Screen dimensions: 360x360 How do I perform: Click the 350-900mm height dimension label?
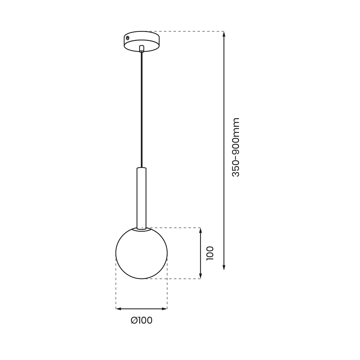[x=236, y=147]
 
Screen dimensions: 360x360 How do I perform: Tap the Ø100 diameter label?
[x=142, y=320]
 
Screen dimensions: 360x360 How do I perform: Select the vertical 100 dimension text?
[x=209, y=253]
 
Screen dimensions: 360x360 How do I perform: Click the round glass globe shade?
[x=141, y=257]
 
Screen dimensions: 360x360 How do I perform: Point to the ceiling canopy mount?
[x=141, y=41]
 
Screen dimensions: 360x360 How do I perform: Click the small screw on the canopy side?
[x=128, y=38]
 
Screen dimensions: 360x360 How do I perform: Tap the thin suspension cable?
[x=142, y=110]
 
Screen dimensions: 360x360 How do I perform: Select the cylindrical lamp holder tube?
[x=141, y=198]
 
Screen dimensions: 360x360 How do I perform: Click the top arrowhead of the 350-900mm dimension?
[x=224, y=34]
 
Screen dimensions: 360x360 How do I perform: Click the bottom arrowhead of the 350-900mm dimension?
[x=224, y=267]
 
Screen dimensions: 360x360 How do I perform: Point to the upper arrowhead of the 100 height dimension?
[x=200, y=230]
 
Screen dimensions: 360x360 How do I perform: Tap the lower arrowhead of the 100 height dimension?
[x=200, y=276]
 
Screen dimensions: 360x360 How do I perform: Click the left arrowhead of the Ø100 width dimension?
[x=118, y=309]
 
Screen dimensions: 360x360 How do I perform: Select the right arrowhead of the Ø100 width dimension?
[x=164, y=309]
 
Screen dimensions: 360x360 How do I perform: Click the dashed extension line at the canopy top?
[x=187, y=31]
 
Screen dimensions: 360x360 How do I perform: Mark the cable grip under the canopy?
[x=142, y=48]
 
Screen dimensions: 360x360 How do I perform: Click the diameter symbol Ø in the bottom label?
[x=134, y=320]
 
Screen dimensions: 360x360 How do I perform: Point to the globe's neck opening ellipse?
[x=141, y=230]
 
